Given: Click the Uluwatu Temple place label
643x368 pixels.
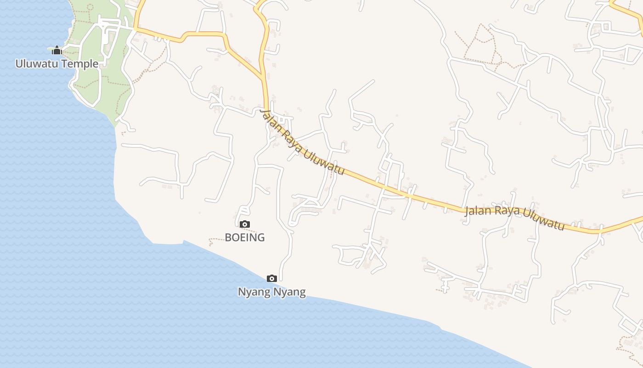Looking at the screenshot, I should click(57, 63).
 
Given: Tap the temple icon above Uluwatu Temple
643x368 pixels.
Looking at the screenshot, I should click(56, 50).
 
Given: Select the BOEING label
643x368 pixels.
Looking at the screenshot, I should click(245, 237).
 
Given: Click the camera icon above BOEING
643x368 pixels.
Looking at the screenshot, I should click(245, 224).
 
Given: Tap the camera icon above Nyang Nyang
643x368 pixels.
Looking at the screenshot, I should click(272, 278).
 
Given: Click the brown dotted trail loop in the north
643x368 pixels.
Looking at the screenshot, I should click(478, 41).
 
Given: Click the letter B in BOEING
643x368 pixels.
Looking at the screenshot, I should click(228, 237).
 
